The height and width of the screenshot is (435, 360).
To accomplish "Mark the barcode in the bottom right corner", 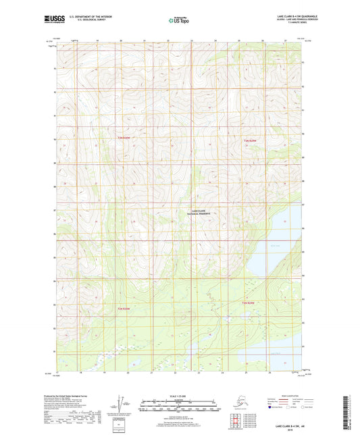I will point(349,408).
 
